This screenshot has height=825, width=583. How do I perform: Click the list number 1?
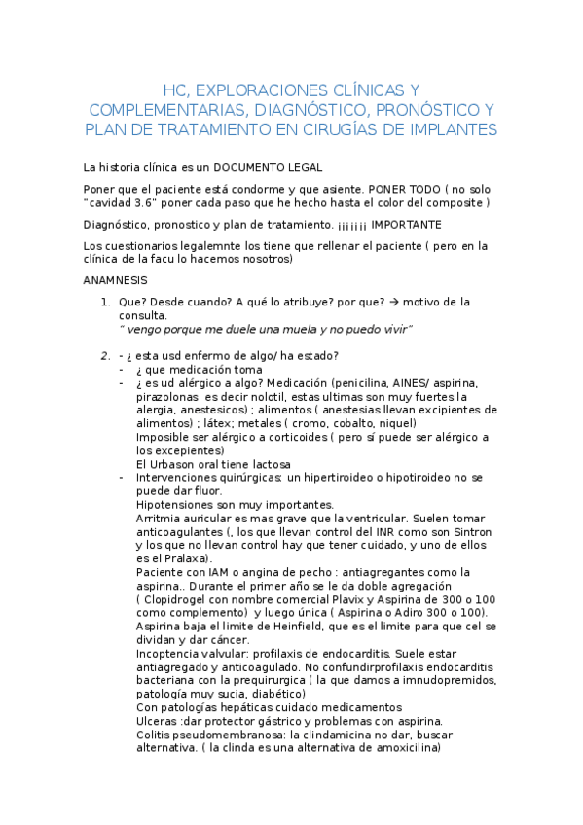pyautogui.click(x=104, y=303)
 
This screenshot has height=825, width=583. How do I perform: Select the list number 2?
pyautogui.click(x=104, y=355)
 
